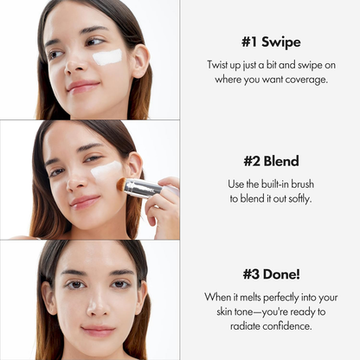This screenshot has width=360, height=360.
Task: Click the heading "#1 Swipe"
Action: [x=270, y=42]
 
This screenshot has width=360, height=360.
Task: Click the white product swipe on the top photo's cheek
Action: [x=107, y=57]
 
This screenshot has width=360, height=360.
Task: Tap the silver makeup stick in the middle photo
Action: [x=143, y=187]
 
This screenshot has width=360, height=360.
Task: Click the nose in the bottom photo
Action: [x=96, y=305]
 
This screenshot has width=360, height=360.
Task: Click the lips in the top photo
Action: [x=82, y=86]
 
